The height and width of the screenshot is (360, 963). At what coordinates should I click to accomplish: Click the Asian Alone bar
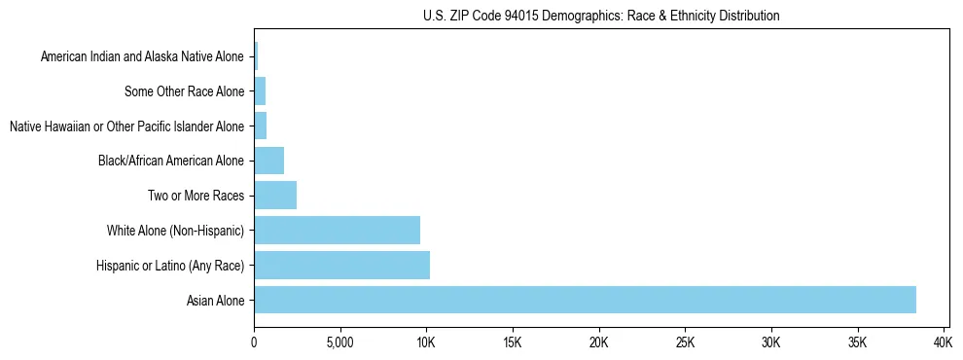point(585,300)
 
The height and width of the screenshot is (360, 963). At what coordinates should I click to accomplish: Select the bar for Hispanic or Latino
point(341,265)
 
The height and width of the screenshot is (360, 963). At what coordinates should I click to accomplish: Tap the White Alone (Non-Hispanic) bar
point(337,231)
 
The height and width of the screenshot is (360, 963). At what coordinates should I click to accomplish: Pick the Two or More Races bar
point(275,196)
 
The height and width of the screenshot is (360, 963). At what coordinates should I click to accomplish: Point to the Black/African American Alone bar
point(268,161)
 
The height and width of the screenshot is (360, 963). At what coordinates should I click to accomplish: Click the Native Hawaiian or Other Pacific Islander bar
point(260,126)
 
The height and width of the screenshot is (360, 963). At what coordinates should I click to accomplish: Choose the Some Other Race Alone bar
point(260,91)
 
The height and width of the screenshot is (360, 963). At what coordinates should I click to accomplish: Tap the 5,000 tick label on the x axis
point(339,342)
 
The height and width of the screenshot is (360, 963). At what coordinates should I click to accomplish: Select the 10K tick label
point(426,342)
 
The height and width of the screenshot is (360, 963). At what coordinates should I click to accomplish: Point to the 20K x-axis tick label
point(598,342)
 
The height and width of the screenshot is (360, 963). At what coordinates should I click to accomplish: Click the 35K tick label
point(857,342)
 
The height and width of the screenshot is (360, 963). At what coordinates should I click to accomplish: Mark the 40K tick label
point(943,342)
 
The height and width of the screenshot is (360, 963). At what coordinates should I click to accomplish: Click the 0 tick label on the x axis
point(254,342)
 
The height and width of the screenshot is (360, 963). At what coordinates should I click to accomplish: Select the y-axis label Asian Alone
point(215,301)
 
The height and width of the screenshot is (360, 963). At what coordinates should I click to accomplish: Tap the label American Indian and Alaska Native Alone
point(142,57)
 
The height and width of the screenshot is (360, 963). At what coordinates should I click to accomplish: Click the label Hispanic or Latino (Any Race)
point(170,266)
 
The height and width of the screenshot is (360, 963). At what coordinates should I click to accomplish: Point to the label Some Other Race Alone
point(184,92)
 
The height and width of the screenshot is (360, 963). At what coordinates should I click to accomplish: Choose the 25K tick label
point(685,342)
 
